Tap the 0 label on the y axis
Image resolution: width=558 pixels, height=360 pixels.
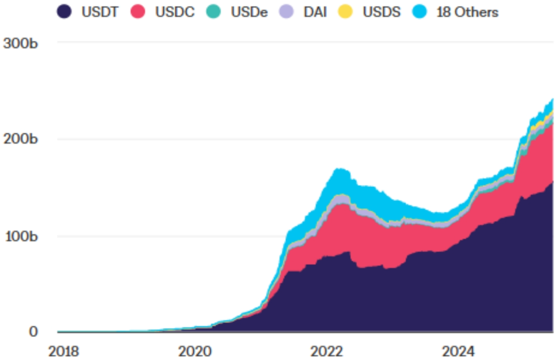[x=34, y=332]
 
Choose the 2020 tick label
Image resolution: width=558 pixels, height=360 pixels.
[x=195, y=351]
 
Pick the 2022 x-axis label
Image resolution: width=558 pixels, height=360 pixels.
[x=327, y=351]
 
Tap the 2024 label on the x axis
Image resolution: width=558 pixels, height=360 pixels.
[x=459, y=351]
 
